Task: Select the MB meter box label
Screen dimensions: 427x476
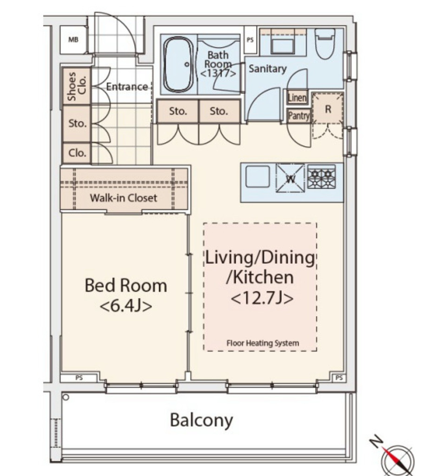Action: (73, 40)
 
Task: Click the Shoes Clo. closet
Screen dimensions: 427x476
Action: (77, 86)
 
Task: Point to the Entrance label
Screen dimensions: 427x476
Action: (127, 87)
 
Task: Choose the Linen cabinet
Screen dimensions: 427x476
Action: (297, 98)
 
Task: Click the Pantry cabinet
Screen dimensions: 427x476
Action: (299, 116)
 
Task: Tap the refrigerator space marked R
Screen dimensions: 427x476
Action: (328, 109)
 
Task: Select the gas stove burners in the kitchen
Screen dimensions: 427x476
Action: (322, 177)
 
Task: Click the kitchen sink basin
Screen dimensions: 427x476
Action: (257, 176)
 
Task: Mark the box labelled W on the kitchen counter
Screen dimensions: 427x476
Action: (290, 178)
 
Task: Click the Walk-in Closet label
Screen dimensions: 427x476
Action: (124, 198)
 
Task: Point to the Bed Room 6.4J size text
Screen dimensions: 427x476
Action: (125, 306)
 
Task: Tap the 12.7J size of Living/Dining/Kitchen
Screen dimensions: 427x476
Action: (262, 298)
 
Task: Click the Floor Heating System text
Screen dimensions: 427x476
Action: (263, 343)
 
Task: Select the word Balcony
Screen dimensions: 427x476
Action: (202, 420)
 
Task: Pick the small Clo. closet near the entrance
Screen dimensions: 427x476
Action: (77, 153)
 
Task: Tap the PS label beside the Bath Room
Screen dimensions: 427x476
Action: (250, 40)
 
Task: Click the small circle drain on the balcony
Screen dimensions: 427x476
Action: (66, 397)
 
